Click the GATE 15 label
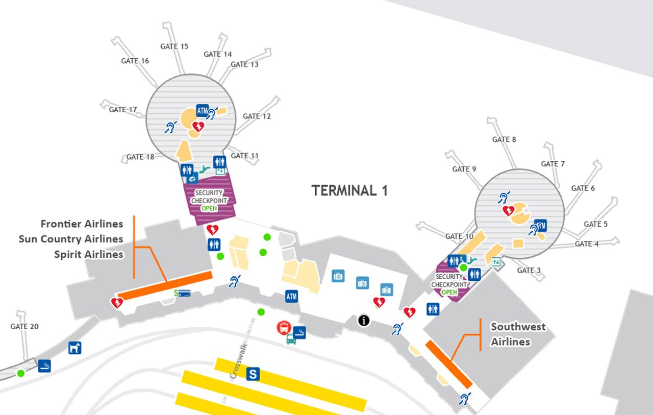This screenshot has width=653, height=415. tap(174, 46)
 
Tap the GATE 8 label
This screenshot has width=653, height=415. tap(504, 139)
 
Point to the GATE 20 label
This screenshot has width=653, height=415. tap(24, 327)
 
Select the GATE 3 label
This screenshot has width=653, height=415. tap(525, 271)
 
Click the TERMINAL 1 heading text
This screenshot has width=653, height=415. tap(349, 191)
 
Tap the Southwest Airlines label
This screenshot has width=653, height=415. tap(518, 334)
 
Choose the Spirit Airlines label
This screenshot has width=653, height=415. tap(89, 254)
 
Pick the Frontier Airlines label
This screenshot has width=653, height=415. tap(82, 224)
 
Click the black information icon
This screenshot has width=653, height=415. tap(364, 321)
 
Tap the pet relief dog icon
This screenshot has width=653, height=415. tap(75, 348)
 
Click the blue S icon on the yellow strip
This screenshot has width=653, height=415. tap(253, 375)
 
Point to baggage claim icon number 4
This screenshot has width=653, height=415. tap(337, 276)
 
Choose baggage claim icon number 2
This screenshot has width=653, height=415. tap(386, 289)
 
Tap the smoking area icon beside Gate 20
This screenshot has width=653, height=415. tap(45, 365)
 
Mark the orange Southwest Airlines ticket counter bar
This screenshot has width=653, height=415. tap(449, 364)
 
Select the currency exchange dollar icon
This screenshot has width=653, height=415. tap(182, 294)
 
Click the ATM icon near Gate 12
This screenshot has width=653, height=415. tap(203, 110)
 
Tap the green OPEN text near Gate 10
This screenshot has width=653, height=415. tap(449, 292)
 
